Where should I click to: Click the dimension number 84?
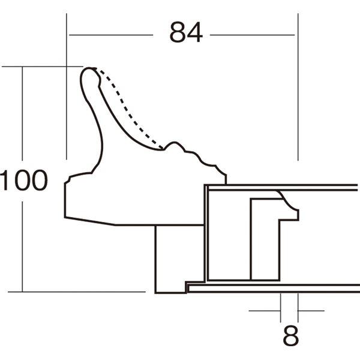[185, 34]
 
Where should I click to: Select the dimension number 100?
[23, 181]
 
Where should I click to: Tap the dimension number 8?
[290, 337]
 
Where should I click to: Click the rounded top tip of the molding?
[89, 73]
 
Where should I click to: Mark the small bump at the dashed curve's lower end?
[175, 145]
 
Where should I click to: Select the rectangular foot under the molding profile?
[171, 258]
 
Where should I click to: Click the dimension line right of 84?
[252, 35]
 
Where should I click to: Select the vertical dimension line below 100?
[23, 246]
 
